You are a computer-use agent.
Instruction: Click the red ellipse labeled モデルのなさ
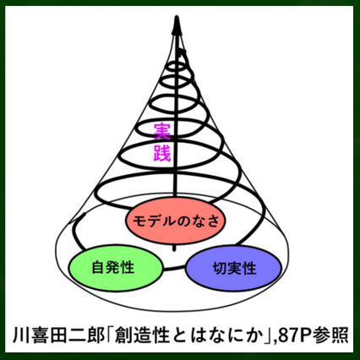(175, 221)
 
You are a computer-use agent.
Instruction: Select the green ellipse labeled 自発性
(116, 268)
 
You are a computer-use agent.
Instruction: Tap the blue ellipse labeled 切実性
(234, 268)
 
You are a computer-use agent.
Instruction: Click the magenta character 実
(162, 131)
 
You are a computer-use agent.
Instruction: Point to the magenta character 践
(162, 153)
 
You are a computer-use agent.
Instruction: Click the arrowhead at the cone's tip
(177, 25)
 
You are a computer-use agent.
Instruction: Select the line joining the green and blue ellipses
(174, 268)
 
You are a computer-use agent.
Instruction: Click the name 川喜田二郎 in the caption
(58, 335)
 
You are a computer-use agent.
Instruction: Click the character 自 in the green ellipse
(98, 267)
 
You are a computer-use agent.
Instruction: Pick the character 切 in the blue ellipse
(220, 268)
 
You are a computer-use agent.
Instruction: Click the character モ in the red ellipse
(140, 221)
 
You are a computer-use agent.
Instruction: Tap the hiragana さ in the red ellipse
(213, 221)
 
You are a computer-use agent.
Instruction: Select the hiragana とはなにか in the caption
(216, 335)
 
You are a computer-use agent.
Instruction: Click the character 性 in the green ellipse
(127, 267)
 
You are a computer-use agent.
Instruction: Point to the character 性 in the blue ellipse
(249, 268)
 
